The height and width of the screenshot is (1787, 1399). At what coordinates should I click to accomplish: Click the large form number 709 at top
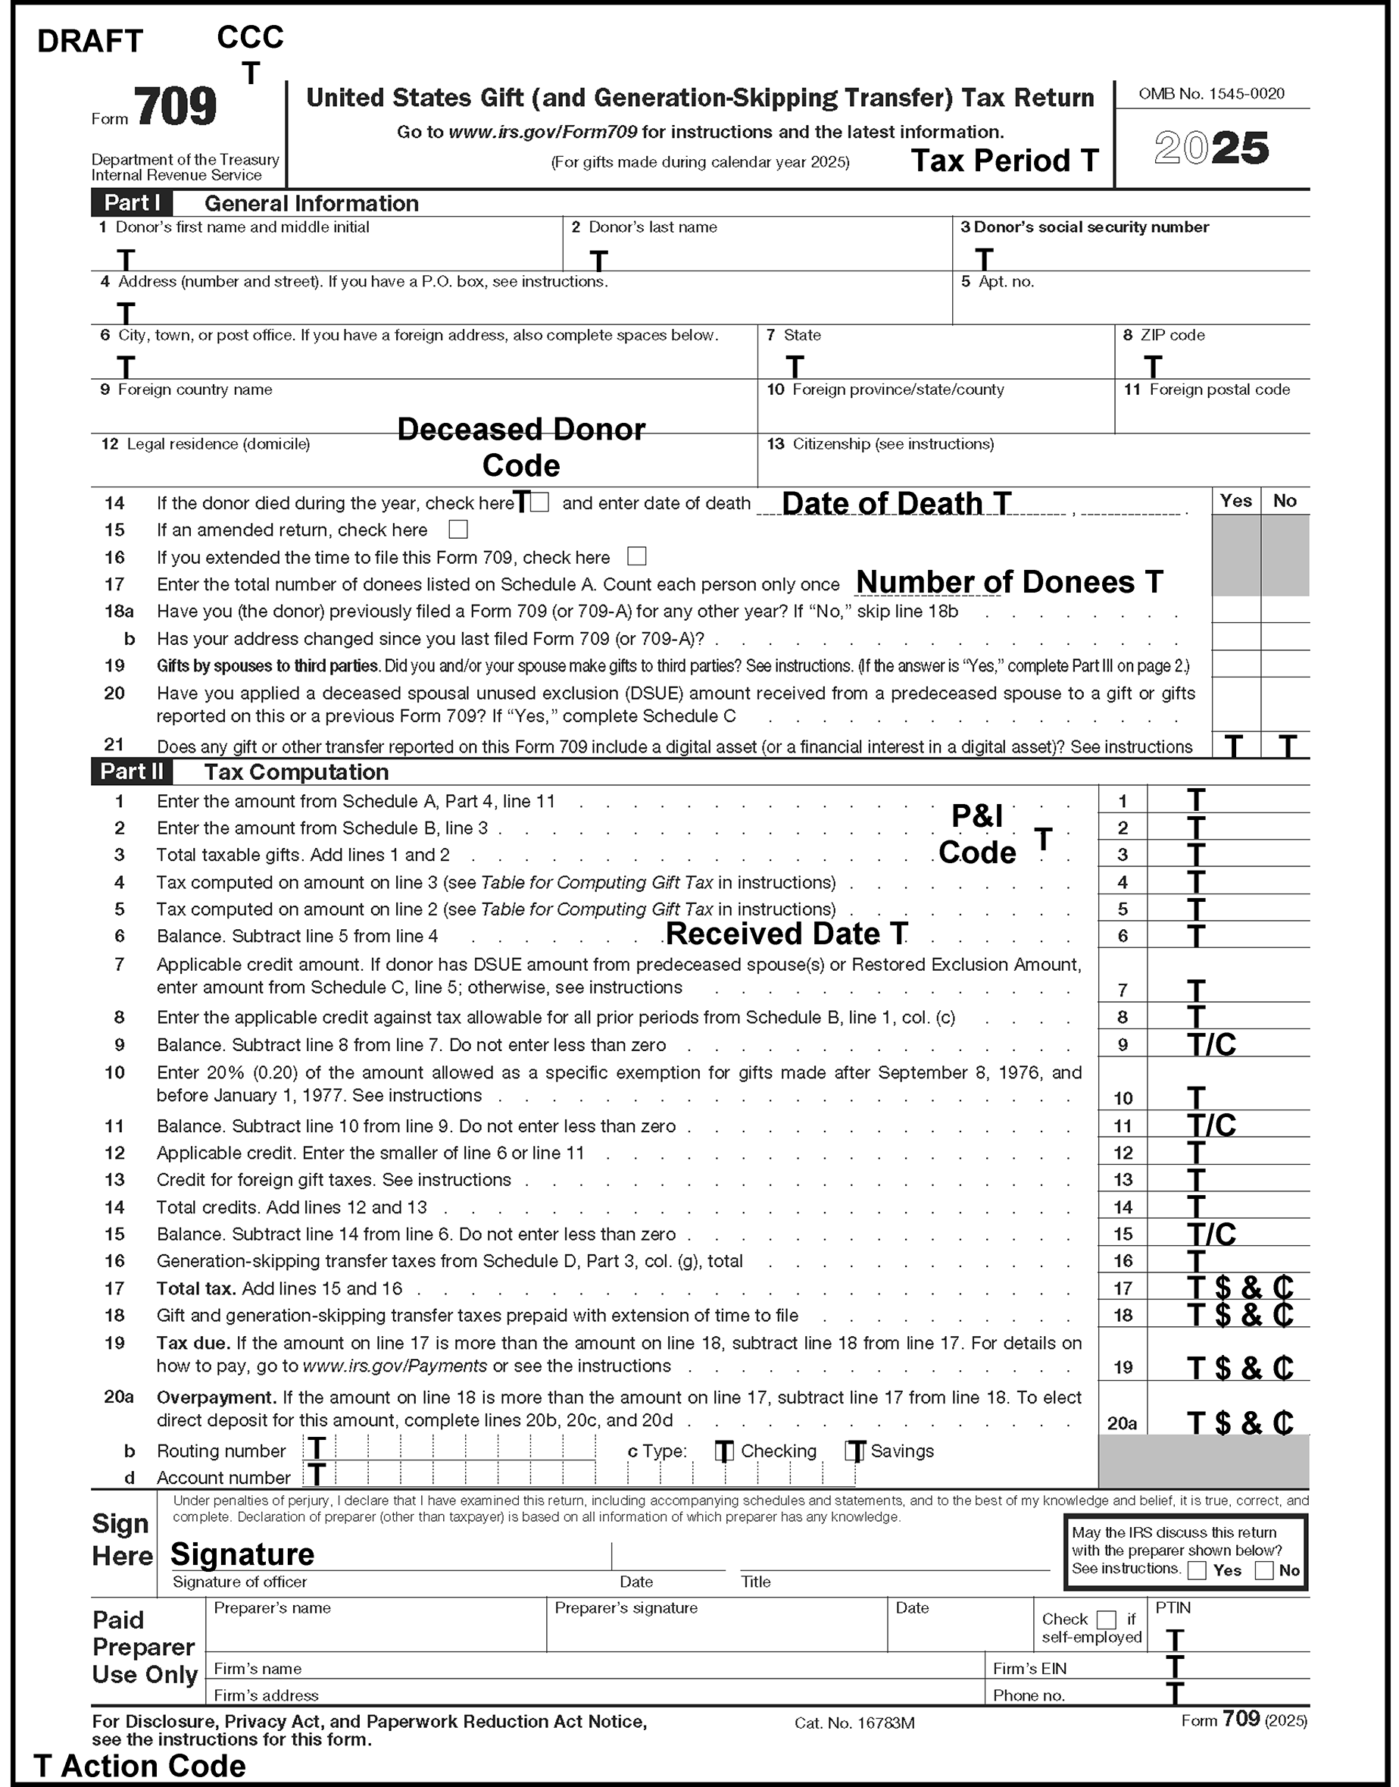coord(175,108)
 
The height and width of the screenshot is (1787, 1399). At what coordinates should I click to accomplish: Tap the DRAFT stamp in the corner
coord(90,41)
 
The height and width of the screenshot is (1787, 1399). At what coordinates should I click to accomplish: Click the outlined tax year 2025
coord(1211,149)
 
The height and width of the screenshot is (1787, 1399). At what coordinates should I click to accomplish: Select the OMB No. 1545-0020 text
coord(1211,94)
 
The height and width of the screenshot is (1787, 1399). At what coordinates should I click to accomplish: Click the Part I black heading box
coord(131,203)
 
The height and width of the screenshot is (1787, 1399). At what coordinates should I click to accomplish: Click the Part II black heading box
coord(132,771)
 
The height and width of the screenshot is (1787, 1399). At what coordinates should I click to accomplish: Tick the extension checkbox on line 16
coord(636,556)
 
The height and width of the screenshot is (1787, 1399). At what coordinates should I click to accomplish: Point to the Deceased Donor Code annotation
coord(521,447)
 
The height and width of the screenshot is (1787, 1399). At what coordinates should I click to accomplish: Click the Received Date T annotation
coord(786,934)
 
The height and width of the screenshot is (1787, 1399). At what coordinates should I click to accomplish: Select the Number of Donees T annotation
coord(1009,582)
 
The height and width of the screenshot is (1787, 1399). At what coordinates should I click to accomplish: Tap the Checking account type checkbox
coord(724,1451)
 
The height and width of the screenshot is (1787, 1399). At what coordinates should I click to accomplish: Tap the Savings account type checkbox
coord(855,1451)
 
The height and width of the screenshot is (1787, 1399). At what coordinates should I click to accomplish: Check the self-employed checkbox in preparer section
coord(1106,1619)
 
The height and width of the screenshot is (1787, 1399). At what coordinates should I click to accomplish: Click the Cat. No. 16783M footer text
coord(854,1723)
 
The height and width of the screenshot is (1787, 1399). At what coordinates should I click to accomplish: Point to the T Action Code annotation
coord(140,1766)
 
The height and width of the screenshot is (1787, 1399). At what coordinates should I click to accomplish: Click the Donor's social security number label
coord(1085,227)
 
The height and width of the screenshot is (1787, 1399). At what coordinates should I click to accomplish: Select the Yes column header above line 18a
coord(1235,501)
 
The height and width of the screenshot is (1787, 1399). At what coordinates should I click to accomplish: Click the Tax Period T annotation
coord(1004,161)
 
